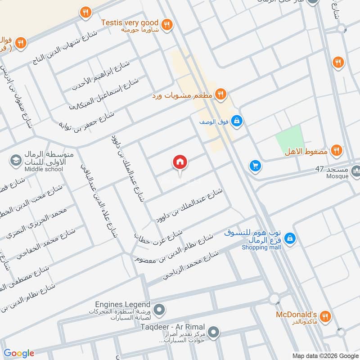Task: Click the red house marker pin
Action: (180, 162)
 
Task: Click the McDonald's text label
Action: (297, 314)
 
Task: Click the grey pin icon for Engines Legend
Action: (159, 310)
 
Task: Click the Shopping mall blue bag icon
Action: (290, 237)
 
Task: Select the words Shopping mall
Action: (261, 247)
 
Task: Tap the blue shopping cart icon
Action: (255, 166)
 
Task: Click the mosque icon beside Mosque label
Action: (356, 171)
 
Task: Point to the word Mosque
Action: (337, 176)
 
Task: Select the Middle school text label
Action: (44, 169)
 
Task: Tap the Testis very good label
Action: (130, 22)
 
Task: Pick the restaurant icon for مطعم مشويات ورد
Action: (220, 94)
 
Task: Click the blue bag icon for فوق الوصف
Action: (238, 121)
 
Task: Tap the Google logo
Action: (19, 353)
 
